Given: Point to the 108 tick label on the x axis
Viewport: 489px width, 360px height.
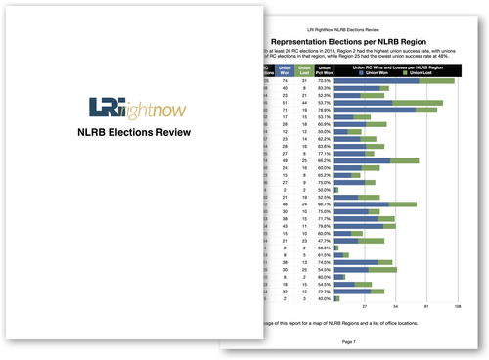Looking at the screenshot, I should tap(458, 307).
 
